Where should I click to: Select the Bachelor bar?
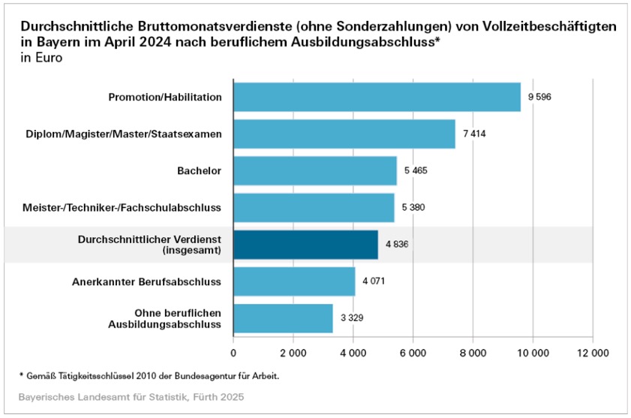click(315, 170)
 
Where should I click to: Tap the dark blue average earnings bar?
click(305, 245)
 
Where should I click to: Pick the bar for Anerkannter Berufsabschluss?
click(294, 281)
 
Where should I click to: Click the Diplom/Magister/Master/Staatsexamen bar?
click(344, 134)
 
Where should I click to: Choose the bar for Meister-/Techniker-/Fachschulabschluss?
click(314, 208)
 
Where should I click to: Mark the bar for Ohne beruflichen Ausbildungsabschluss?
click(283, 318)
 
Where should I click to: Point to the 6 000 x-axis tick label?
click(413, 352)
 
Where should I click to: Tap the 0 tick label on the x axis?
click(233, 352)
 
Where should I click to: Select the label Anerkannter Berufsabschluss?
click(146, 282)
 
